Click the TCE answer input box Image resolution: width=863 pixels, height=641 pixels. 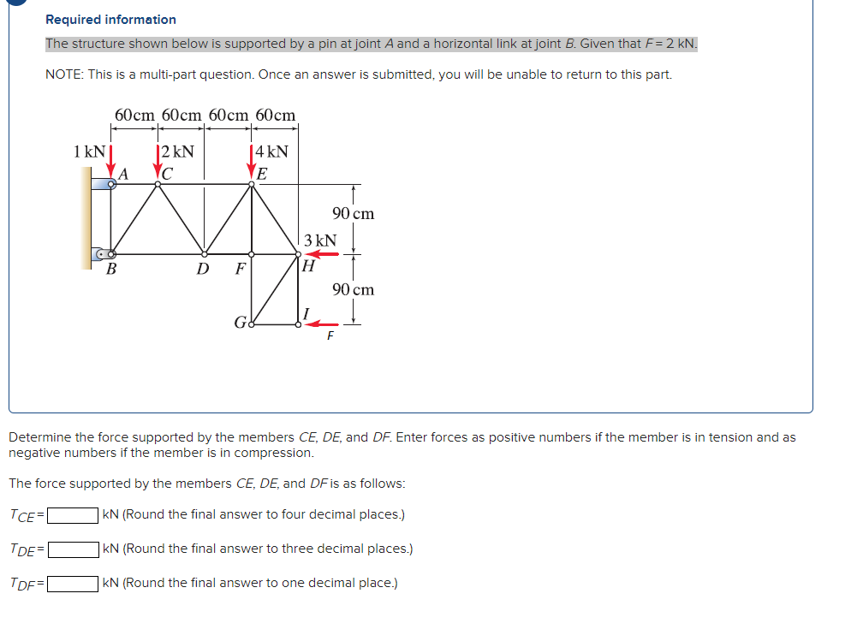coord(72,515)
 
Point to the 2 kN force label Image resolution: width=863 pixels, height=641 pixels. coord(178,152)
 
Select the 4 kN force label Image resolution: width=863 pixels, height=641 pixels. coord(272,152)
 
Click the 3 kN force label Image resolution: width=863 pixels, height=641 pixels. coord(320,240)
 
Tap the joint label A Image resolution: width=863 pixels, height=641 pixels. coord(123,173)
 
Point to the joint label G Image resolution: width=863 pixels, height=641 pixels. coord(240,323)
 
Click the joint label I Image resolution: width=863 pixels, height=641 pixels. coord(306,312)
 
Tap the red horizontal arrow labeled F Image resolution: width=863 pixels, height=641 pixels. coord(322,324)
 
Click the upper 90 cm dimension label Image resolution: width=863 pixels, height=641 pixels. coord(353,214)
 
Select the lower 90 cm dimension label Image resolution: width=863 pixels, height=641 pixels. coord(353,289)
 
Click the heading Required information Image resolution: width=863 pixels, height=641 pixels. coord(110,20)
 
